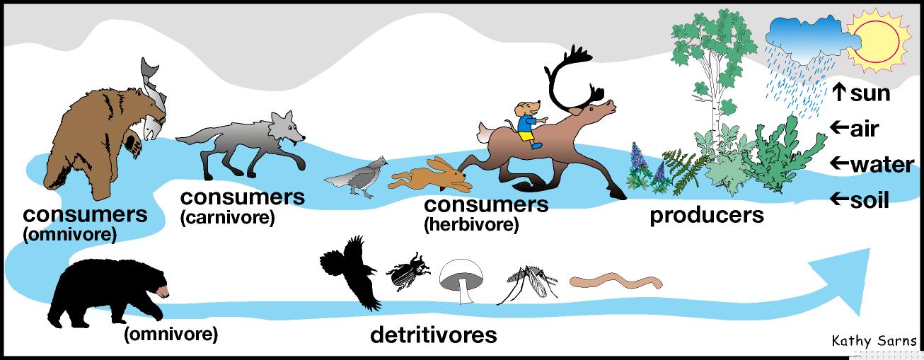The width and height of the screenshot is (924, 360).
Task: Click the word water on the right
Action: tap(882, 165)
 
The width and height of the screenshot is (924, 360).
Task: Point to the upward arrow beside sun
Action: tap(839, 92)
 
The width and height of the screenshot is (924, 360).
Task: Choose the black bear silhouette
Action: tap(106, 290)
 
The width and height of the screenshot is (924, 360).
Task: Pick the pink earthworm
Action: tap(616, 282)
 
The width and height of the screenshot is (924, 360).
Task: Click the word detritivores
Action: tap(433, 335)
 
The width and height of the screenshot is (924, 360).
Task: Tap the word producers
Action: tap(707, 214)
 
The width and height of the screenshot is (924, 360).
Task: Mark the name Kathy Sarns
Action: tap(874, 342)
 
